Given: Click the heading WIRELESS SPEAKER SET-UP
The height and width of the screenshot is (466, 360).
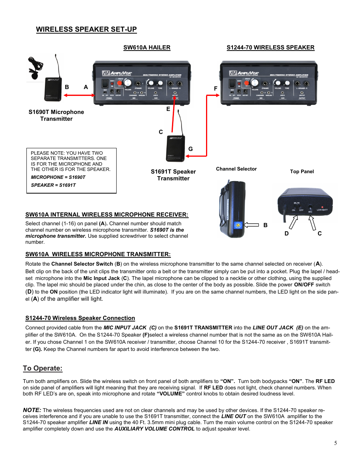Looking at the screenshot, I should click(86, 29).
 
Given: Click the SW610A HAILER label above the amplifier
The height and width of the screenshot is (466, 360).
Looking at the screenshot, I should click(147, 48).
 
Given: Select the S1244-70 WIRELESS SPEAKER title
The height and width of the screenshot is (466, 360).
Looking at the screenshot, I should click(270, 48).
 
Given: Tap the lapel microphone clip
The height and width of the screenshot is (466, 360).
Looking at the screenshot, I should click(35, 69).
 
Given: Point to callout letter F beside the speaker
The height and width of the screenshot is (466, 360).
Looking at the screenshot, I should click(216, 89).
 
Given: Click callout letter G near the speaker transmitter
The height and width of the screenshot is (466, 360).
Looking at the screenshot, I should click(191, 149).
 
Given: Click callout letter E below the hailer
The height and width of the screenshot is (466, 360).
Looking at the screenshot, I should click(168, 109).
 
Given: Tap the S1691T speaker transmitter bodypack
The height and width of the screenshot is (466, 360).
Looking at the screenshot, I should click(175, 148).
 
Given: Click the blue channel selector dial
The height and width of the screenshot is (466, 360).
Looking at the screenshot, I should click(238, 225).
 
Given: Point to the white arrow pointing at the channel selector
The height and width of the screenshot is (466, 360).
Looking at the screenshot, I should click(251, 225).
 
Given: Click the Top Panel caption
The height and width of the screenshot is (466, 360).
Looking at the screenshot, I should click(302, 172).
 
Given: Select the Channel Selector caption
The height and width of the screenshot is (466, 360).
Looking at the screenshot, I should click(236, 169).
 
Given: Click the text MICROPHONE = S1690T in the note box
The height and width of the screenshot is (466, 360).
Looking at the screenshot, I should click(58, 177).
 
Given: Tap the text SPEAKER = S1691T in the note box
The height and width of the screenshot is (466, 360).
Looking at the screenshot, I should click(53, 185).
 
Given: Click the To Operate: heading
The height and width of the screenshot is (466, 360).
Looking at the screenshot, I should click(43, 368).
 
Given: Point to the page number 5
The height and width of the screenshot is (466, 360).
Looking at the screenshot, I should click(335, 443).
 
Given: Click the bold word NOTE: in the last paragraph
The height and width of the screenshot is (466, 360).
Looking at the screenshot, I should click(32, 410).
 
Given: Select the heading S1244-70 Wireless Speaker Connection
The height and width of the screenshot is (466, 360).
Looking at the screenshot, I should click(80, 318).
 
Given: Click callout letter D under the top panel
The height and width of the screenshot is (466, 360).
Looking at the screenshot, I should click(286, 234).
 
